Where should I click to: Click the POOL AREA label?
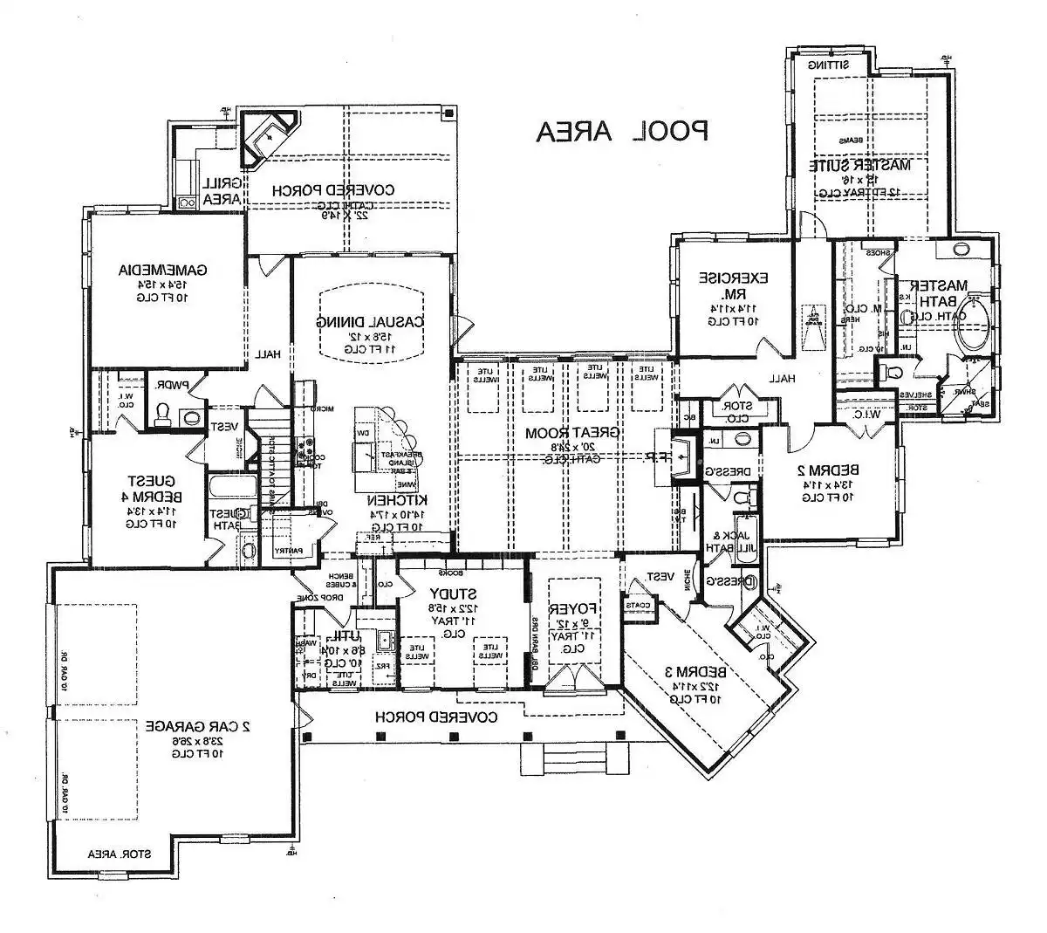click(x=622, y=131)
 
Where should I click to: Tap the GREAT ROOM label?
click(x=578, y=433)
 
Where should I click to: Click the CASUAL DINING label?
click(x=371, y=320)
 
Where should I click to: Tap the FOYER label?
click(x=573, y=608)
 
